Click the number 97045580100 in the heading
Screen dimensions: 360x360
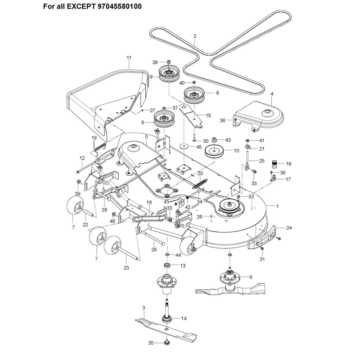[x=120, y=6]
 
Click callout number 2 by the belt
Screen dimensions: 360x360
[x=195, y=36]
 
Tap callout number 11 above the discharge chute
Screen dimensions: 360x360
[x=129, y=58]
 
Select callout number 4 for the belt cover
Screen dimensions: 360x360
[x=272, y=94]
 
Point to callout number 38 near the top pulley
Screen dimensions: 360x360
[x=155, y=62]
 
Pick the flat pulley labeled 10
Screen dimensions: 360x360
[x=214, y=151]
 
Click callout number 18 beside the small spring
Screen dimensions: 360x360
[x=288, y=164]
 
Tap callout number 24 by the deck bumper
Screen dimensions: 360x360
[x=289, y=228]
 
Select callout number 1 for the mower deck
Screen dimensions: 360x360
[x=277, y=206]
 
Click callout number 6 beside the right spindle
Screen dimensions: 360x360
[x=251, y=277]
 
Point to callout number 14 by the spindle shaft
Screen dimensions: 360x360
[x=184, y=319]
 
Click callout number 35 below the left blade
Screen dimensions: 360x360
[x=151, y=343]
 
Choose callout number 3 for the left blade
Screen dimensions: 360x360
[x=144, y=308]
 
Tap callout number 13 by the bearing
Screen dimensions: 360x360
[x=183, y=265]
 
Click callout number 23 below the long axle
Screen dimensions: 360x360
[x=126, y=268]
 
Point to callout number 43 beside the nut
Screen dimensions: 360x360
[x=228, y=140]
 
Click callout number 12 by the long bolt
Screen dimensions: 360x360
[x=82, y=158]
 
